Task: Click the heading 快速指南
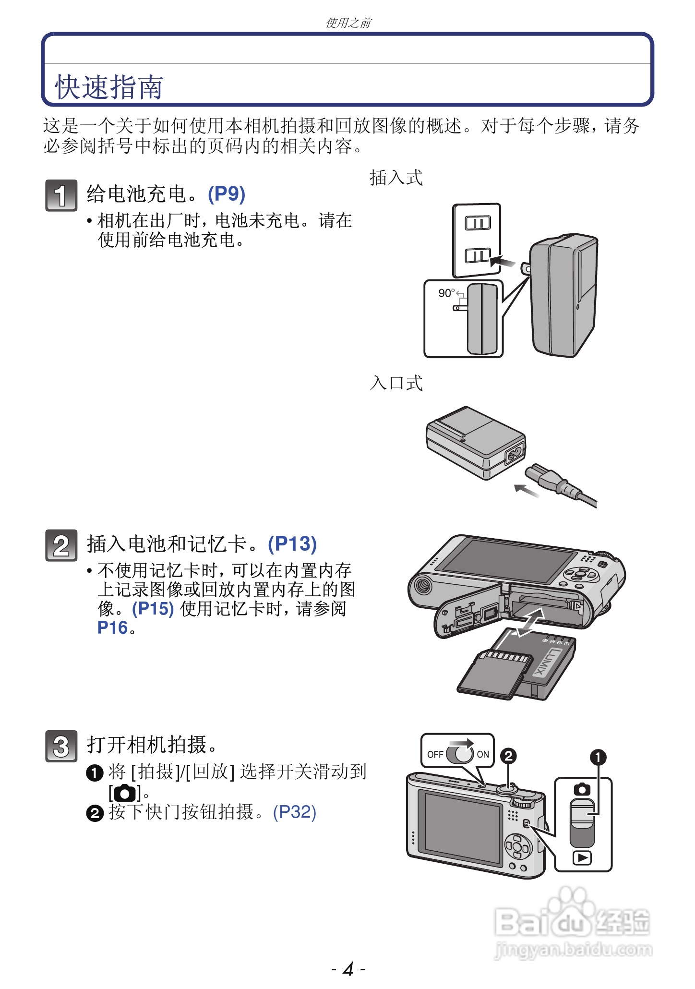pos(109,87)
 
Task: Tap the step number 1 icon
pos(61,195)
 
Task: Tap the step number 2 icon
pos(61,545)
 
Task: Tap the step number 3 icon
pos(61,746)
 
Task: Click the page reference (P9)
pos(227,194)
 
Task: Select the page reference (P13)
pos(292,544)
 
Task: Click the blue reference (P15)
pos(153,609)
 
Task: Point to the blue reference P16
pos(112,628)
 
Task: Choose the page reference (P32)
pos(294,812)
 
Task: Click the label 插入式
pos(396,178)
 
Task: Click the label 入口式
pos(396,383)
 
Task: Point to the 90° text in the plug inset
pos(446,293)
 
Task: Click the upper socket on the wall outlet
pos(478,223)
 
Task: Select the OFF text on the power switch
pos(435,754)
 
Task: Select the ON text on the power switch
pos(483,754)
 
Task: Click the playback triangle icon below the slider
pos(582,857)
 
